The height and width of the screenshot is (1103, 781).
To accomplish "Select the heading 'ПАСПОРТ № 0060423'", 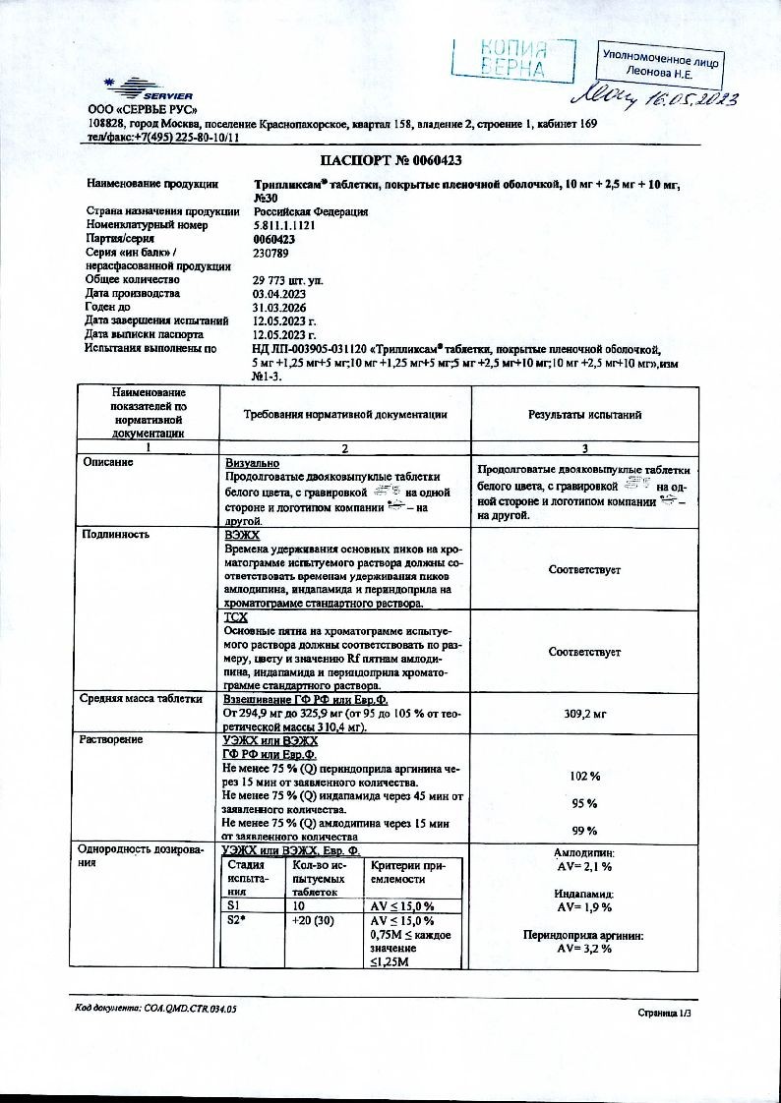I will pos(391,160).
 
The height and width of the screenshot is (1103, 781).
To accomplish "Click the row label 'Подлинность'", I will pos(115,535).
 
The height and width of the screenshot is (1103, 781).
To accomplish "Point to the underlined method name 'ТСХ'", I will pos(236,616).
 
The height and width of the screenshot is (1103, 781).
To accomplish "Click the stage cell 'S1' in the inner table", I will pos(234,905).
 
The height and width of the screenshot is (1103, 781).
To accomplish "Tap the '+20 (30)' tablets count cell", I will pos(310,920).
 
